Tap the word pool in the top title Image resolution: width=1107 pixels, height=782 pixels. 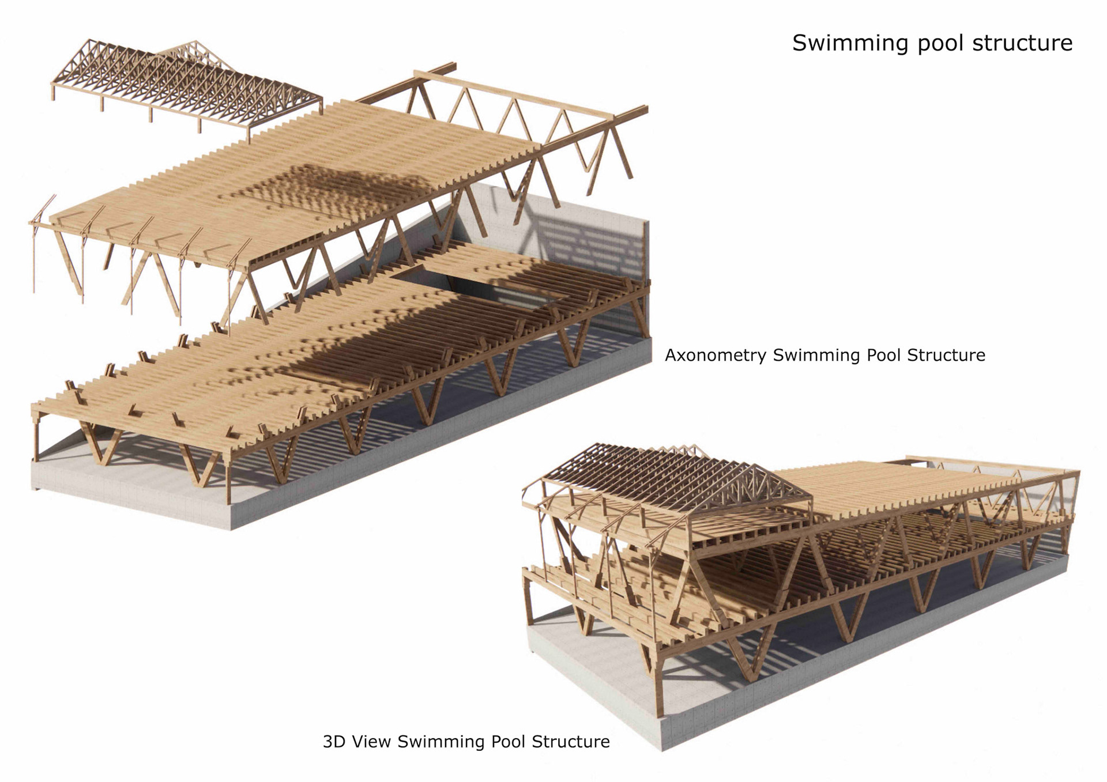(x=939, y=43)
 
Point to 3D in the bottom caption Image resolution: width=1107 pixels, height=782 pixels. (x=334, y=741)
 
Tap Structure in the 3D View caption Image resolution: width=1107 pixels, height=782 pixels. (x=570, y=741)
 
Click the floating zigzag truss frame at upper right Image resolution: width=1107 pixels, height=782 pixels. (x=519, y=115)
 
